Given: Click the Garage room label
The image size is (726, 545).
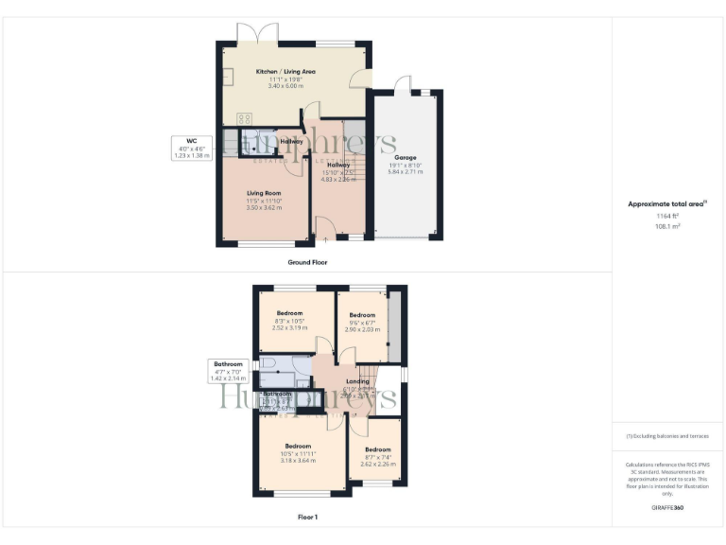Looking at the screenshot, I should [x=406, y=158].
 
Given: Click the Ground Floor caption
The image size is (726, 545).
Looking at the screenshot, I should [x=308, y=262].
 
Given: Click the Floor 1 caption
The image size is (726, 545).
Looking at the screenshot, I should [x=308, y=518].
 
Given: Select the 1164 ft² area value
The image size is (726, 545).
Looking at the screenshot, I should [x=668, y=218].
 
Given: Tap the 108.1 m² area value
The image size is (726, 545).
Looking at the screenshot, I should [x=668, y=227].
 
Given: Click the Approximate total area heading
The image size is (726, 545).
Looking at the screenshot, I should [x=666, y=203].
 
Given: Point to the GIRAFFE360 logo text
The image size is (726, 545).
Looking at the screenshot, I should [x=668, y=508].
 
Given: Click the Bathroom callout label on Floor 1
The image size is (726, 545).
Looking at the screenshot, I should [x=228, y=363].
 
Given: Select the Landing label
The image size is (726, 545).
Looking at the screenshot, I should [x=358, y=381].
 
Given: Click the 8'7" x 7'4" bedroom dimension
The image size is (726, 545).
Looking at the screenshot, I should [x=378, y=457].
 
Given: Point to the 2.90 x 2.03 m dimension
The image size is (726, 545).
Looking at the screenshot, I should [x=363, y=329].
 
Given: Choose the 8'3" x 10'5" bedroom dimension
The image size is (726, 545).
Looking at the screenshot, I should [x=290, y=321].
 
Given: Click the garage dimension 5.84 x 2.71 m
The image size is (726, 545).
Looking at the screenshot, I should [x=406, y=173].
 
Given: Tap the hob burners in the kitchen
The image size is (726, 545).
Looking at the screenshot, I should [x=244, y=118].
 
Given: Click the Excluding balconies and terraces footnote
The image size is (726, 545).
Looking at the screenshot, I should [x=667, y=436].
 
